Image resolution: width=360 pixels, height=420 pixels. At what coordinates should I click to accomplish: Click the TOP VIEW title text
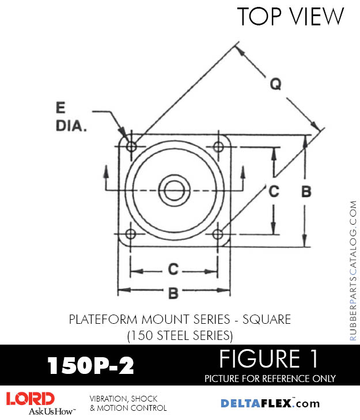291,17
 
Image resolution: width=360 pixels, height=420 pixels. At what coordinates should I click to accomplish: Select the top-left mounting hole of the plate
131,146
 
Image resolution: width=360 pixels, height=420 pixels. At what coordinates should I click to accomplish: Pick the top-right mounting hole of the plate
218,146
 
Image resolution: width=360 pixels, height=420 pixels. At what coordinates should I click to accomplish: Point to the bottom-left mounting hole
131,234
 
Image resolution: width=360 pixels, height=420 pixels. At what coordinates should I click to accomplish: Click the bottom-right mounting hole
218,234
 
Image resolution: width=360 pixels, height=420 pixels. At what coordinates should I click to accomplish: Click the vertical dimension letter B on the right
306,191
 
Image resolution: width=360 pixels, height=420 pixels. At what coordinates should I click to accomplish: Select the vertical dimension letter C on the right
274,191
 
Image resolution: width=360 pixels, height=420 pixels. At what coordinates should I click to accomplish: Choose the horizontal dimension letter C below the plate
173,269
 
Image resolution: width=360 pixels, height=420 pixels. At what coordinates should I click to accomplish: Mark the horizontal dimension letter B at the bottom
173,293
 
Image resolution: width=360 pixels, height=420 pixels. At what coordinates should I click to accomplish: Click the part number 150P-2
90,365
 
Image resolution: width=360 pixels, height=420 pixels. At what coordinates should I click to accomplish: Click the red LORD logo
30,398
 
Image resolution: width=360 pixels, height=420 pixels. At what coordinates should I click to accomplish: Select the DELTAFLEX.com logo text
270,403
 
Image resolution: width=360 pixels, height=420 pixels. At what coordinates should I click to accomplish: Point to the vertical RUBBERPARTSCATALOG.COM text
353,271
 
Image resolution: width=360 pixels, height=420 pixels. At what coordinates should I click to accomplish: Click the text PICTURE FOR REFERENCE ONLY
270,379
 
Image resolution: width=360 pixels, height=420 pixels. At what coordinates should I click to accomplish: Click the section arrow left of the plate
105,172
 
